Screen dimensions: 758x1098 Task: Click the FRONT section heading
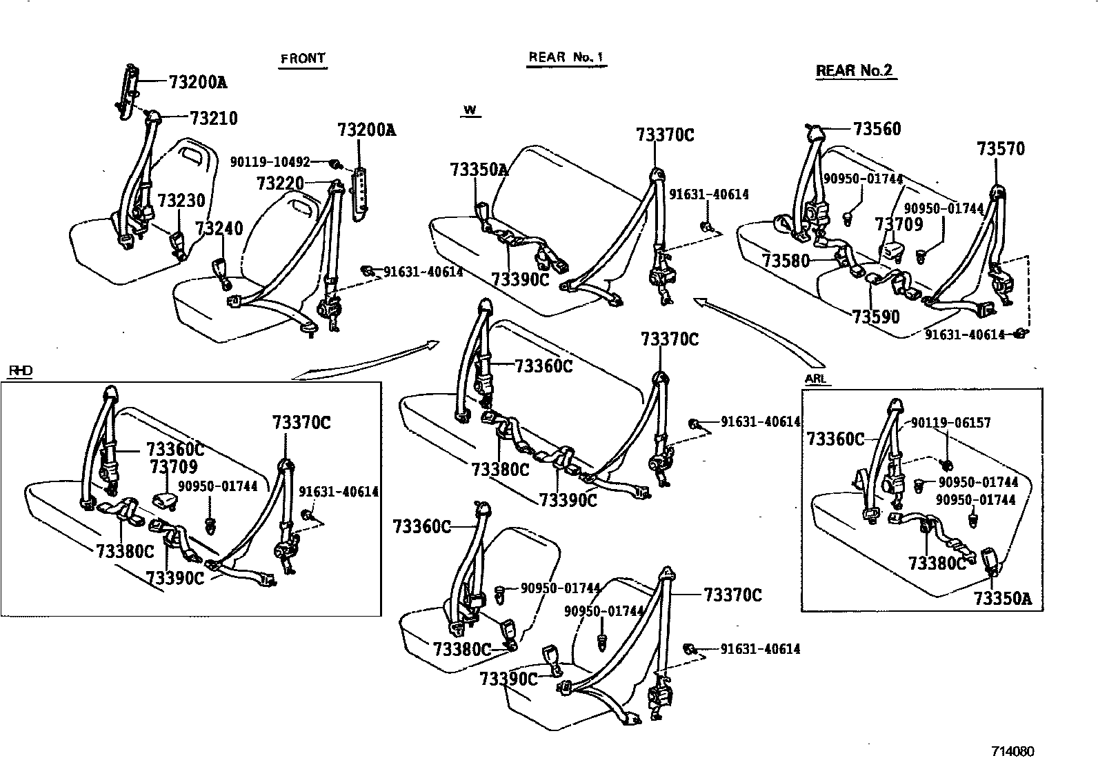(303, 59)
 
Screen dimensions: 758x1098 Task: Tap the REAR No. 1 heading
(566, 57)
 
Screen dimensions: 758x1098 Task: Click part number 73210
(213, 119)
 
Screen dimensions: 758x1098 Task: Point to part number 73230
(181, 201)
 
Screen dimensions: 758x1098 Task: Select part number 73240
(219, 228)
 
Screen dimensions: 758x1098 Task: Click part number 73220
(279, 183)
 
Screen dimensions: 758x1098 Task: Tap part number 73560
(877, 129)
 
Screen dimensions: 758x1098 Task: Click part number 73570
(1001, 149)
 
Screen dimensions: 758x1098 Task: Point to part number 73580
(786, 260)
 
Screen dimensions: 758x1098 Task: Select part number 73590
(875, 317)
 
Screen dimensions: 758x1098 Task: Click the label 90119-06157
(951, 423)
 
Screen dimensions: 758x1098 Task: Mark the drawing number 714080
(1013, 751)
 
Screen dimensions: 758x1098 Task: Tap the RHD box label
(20, 371)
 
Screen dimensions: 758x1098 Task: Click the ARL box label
(815, 379)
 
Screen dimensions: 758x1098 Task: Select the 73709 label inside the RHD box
(174, 467)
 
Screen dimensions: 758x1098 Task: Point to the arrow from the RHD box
(366, 359)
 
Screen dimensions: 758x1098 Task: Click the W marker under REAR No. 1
(470, 110)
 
